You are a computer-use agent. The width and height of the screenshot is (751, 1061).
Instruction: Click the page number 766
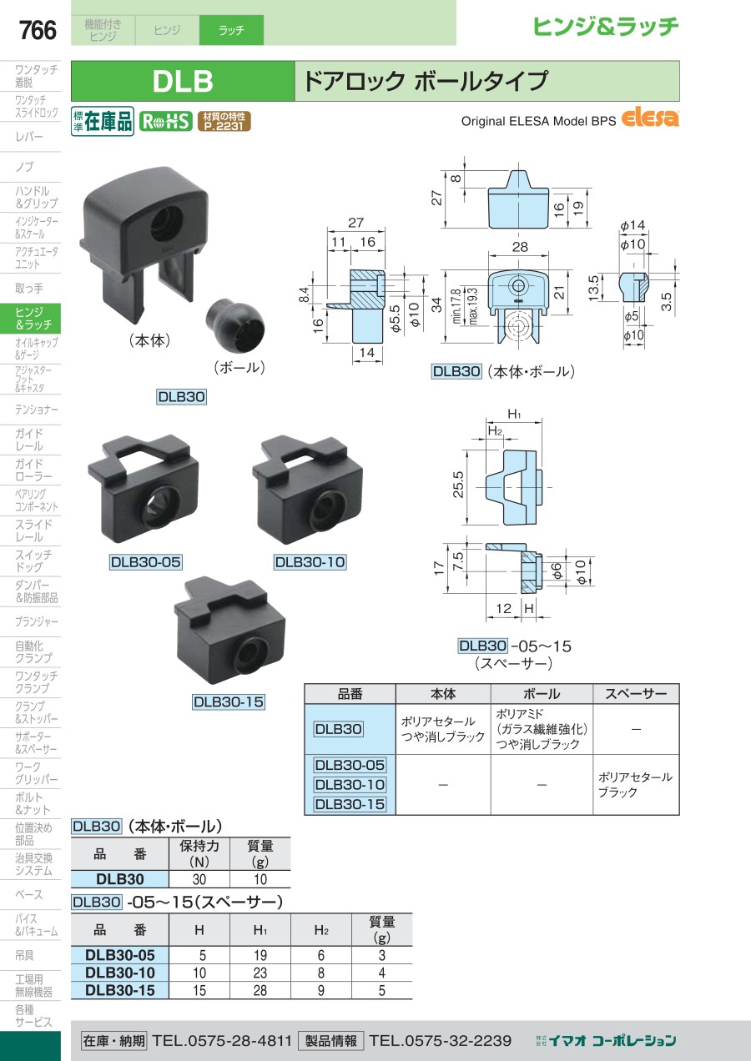coord(38,31)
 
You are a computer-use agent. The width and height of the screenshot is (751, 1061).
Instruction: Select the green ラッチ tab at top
coord(231,31)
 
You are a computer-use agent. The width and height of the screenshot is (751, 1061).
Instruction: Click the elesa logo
coord(651,118)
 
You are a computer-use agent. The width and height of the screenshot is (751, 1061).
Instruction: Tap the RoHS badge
coord(165,122)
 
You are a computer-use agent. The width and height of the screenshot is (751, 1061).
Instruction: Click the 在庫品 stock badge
coord(103,122)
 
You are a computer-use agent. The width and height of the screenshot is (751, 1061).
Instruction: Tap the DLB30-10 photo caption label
coord(310,562)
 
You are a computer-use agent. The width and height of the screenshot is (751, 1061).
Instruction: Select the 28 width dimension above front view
coord(520,247)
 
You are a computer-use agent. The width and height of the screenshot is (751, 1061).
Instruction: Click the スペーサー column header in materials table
coord(636,694)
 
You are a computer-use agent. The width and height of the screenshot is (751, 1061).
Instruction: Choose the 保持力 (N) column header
coord(199,853)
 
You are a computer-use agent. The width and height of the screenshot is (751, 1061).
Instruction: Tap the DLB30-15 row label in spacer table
coord(119,990)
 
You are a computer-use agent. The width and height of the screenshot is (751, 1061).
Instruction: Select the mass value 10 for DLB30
coord(260,879)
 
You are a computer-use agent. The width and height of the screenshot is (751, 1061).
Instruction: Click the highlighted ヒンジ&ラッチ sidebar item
coord(33,318)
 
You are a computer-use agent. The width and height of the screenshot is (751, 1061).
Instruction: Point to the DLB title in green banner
coord(183,81)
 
